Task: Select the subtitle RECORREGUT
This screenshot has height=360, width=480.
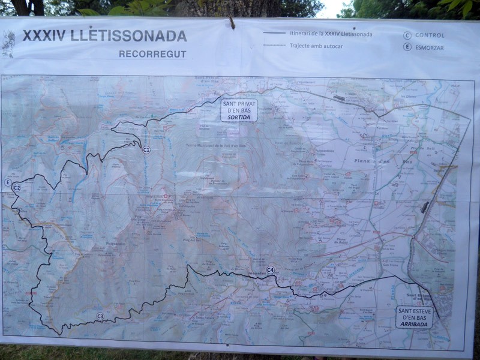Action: pyautogui.click(x=152, y=54)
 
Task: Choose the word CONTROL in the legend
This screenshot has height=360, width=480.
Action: pyautogui.click(x=430, y=35)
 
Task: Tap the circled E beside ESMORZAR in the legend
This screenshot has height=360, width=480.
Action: pyautogui.click(x=407, y=47)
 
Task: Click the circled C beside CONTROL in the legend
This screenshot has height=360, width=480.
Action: pyautogui.click(x=407, y=35)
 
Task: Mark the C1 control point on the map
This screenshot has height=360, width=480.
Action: pyautogui.click(x=146, y=149)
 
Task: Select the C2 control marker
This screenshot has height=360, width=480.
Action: pyautogui.click(x=16, y=188)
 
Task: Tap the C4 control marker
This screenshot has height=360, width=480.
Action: pyautogui.click(x=271, y=270)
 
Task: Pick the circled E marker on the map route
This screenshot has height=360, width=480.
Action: pyautogui.click(x=7, y=182)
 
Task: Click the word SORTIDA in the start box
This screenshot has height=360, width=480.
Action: pyautogui.click(x=239, y=118)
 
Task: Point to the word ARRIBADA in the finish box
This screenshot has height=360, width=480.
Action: pyautogui.click(x=414, y=325)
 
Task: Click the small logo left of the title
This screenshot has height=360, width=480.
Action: pyautogui.click(x=8, y=44)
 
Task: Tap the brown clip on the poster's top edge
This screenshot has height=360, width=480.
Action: pyautogui.click(x=232, y=23)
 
